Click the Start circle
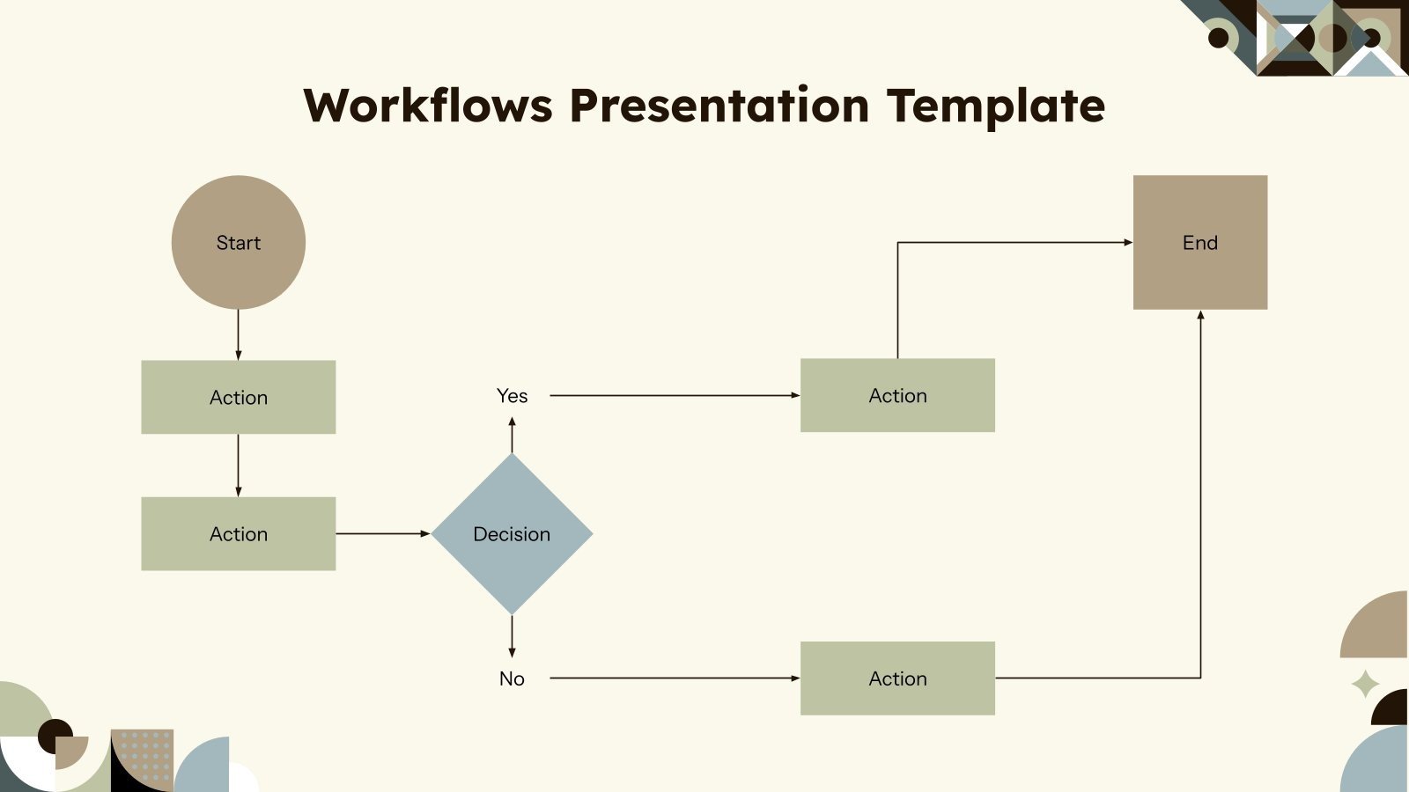238,242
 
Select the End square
1199,242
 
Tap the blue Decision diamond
512,533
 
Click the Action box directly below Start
238,397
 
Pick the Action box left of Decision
238,533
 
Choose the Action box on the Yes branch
897,395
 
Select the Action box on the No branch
897,678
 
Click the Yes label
512,396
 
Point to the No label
512,678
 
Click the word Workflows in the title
428,106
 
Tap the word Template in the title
995,106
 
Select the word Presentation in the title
719,106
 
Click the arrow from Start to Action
238,334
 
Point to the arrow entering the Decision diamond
383,533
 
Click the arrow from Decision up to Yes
512,435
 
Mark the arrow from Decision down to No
512,635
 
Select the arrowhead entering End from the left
1127,242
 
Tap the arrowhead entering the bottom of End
1200,315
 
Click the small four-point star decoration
1365,684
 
